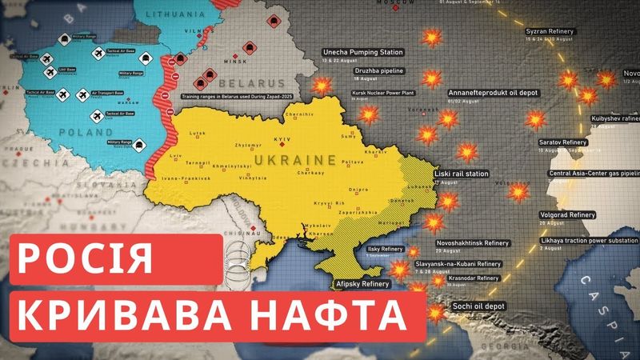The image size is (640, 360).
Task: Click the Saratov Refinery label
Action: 563,142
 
